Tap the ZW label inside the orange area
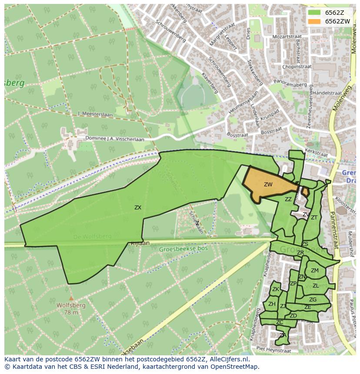tap(268, 185)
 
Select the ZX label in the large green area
tap(138, 208)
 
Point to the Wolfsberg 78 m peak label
tap(71, 308)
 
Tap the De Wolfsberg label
tap(92, 237)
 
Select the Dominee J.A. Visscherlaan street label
tap(114, 139)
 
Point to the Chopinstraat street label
tap(297, 67)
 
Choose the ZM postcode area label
tap(315, 271)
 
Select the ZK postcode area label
tap(276, 289)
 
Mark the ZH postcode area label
tap(272, 304)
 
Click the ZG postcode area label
tap(313, 300)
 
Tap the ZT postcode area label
tap(314, 218)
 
